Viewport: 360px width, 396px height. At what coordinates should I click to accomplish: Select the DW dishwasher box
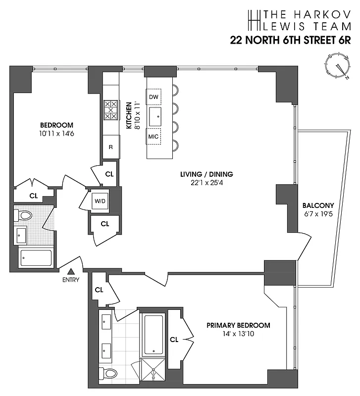[x=154, y=97]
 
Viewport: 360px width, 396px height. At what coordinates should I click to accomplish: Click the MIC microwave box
[x=154, y=136]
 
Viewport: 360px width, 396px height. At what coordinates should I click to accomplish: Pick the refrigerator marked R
[x=111, y=147]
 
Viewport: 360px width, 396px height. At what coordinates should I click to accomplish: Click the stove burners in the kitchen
[x=110, y=110]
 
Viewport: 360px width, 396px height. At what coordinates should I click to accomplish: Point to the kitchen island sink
[x=157, y=116]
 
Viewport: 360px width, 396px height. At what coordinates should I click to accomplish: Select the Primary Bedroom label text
[x=238, y=325]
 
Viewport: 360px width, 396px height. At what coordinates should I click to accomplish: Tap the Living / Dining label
[x=213, y=174]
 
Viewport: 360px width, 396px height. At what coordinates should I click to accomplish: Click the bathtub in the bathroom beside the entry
[x=36, y=258]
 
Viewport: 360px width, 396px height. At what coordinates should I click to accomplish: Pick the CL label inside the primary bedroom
[x=174, y=340]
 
